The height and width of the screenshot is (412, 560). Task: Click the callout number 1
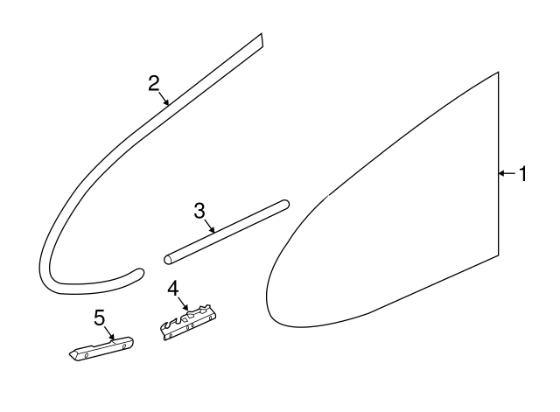coord(523,174)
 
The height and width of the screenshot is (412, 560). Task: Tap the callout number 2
coord(154,84)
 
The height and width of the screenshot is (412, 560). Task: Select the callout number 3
coord(199,211)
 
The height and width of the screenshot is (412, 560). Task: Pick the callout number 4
coord(173,289)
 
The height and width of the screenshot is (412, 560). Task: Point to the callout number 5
coord(100,318)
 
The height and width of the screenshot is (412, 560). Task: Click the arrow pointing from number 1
coord(507,173)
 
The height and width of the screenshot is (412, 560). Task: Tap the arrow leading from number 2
coord(164,98)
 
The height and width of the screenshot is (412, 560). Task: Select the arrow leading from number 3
coord(209,227)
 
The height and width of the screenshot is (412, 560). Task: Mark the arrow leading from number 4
coord(183,304)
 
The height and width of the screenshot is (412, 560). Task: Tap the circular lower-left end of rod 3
coord(168,260)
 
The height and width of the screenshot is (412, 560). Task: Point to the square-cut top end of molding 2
coord(262,40)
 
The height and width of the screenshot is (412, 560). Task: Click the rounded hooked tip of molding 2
coord(140,273)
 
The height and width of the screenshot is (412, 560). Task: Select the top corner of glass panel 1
coord(498,73)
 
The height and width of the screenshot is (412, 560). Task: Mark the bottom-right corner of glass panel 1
coord(498,255)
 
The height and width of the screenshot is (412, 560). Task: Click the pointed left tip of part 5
coord(70,354)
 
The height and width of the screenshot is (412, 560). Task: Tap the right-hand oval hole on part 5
coord(124,346)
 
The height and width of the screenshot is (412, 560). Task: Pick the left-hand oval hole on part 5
coord(87,355)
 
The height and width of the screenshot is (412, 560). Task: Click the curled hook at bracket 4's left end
coord(165,326)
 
